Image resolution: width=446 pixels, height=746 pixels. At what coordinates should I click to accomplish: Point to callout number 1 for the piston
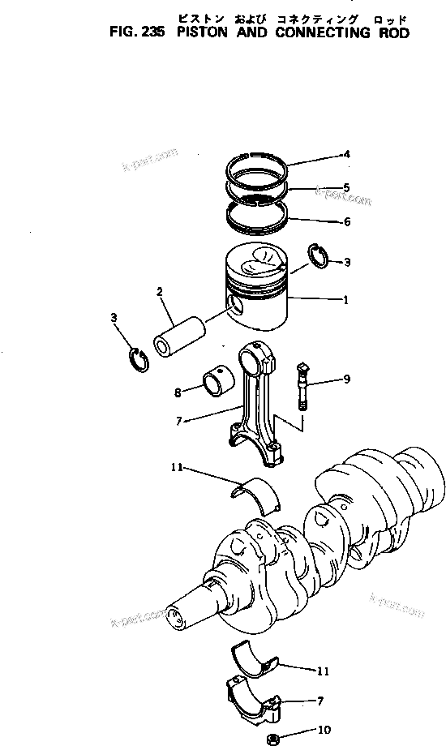(x=345, y=301)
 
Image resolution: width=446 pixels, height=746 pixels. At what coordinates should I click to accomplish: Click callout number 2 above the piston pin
(x=160, y=291)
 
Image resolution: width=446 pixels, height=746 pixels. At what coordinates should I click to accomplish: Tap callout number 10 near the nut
(x=324, y=730)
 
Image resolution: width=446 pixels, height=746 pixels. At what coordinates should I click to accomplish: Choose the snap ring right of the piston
(x=317, y=255)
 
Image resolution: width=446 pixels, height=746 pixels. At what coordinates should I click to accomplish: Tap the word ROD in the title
(x=389, y=34)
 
